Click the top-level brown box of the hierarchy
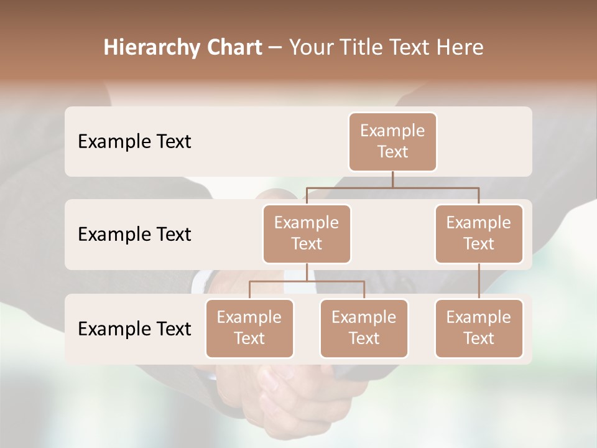coord(392,142)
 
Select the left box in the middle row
coord(307,234)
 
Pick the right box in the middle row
coord(479,234)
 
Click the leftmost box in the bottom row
coord(249,329)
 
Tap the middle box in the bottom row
coord(364,329)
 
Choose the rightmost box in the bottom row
coord(479,329)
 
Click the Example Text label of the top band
coord(134,142)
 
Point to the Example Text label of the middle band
coord(134,235)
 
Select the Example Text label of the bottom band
coord(134,329)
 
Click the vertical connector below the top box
coord(392,179)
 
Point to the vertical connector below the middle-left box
coord(307,272)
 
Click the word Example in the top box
coord(392,131)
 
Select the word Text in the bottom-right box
coord(479,338)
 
